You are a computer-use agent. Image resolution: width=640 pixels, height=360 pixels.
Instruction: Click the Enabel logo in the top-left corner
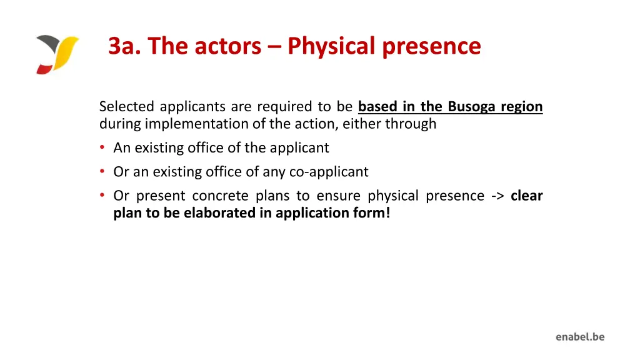coord(57,54)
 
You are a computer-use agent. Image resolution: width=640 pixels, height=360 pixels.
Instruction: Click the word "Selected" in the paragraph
coord(127,107)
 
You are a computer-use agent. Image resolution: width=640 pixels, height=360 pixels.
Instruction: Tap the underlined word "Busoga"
coord(469,107)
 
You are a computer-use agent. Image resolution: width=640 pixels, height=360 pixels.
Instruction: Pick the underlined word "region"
coord(522,107)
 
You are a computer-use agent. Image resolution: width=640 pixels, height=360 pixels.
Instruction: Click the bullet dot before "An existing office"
coord(102,148)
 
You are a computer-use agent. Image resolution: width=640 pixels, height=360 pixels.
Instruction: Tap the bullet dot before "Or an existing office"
coord(102,172)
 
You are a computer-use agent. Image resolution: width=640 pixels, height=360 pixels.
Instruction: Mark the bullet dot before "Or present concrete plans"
coord(102,196)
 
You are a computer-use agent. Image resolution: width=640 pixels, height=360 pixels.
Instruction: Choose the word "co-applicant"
coord(329,172)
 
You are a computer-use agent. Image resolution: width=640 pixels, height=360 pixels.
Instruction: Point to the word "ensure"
coord(338,196)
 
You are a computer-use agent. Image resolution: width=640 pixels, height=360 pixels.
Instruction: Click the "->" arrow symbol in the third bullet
coord(497,196)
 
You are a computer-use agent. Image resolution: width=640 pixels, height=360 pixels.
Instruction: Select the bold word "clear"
coord(527,196)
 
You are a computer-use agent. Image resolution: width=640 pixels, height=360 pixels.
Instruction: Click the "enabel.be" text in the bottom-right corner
coord(580,337)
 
